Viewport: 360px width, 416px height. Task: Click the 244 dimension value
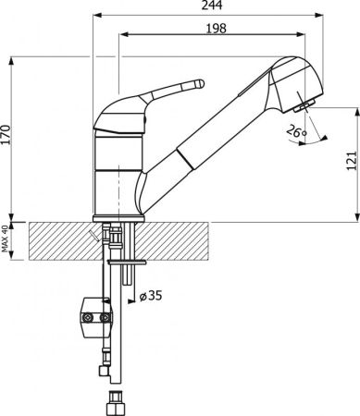point(212,6)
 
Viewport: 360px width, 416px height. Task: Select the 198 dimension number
point(216,29)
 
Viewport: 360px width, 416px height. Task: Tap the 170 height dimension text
point(6,135)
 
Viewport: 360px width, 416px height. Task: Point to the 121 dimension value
point(352,161)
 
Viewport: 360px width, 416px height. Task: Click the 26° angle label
point(296,131)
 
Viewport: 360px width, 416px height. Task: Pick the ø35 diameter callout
point(151,296)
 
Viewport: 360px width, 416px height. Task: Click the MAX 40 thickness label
point(5,239)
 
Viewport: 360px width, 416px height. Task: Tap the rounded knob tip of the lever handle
point(199,84)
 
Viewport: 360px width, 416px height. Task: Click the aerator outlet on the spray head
point(304,105)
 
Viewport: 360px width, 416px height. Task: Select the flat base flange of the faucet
point(118,219)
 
